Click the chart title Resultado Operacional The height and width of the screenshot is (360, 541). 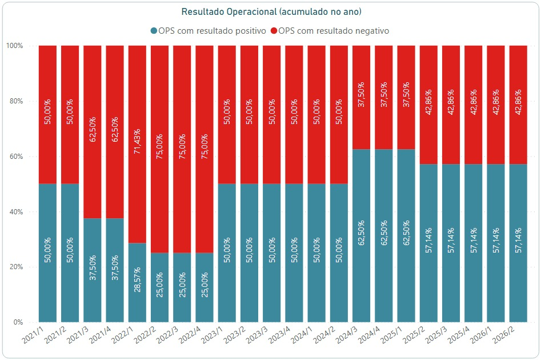coord(230,12)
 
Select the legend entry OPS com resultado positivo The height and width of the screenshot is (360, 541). coord(209,31)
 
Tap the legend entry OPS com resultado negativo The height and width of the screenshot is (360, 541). coord(330,31)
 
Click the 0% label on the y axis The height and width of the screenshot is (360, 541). coord(18,322)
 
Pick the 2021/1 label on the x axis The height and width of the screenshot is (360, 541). coord(33,334)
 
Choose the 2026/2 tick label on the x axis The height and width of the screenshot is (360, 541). coord(503,334)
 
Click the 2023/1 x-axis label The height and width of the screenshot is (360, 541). coord(212,334)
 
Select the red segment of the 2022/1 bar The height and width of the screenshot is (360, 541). coord(137,144)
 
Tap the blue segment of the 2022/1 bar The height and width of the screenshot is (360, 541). coord(137,283)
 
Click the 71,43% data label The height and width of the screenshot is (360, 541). coord(137,141)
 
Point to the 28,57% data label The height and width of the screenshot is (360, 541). coord(137,279)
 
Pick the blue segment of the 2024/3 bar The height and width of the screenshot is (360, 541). coord(361,236)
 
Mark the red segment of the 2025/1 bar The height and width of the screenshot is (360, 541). coord(406,97)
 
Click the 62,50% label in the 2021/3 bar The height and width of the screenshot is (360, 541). coord(93,129)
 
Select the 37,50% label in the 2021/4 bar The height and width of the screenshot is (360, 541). coord(115,267)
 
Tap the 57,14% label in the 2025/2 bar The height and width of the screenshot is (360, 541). coord(428,240)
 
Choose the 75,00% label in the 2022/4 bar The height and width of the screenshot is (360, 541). coord(205,146)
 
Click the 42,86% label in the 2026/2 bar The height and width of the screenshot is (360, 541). coord(518,102)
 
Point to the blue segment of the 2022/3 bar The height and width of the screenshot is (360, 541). coord(182,287)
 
